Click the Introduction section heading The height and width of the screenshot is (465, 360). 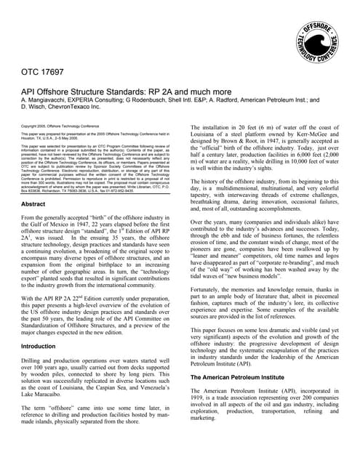click(43, 347)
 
